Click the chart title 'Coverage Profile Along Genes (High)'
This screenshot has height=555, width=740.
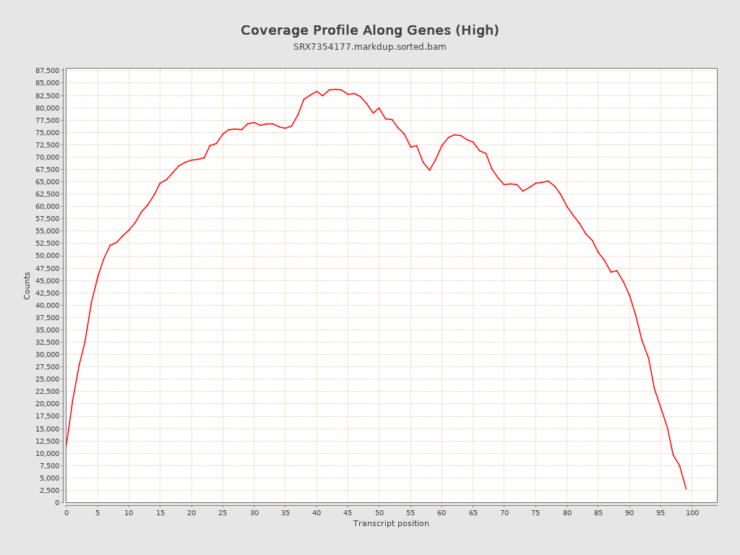point(369,30)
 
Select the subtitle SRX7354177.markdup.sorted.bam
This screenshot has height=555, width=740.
point(369,47)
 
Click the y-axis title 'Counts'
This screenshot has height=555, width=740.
point(27,285)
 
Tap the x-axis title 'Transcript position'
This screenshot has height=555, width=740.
point(391,523)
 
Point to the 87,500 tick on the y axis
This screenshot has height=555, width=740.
point(47,71)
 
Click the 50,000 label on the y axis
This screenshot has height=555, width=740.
point(47,256)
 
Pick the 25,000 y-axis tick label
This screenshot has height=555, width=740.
point(47,379)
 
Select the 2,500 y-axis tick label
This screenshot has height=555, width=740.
point(49,491)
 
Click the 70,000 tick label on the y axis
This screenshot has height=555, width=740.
point(47,158)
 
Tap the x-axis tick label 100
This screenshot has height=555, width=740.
point(692,513)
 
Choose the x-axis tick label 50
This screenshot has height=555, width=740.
point(379,513)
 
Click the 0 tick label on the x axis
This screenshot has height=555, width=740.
point(66,513)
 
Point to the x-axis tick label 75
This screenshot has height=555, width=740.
point(535,513)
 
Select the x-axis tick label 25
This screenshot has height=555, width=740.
point(223,513)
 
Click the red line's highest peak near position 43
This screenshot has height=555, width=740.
point(335,89)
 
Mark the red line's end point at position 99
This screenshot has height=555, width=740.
point(686,489)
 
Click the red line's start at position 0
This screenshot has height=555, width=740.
point(66,447)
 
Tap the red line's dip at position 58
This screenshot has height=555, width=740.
point(429,170)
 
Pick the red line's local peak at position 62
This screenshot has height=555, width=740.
point(455,134)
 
